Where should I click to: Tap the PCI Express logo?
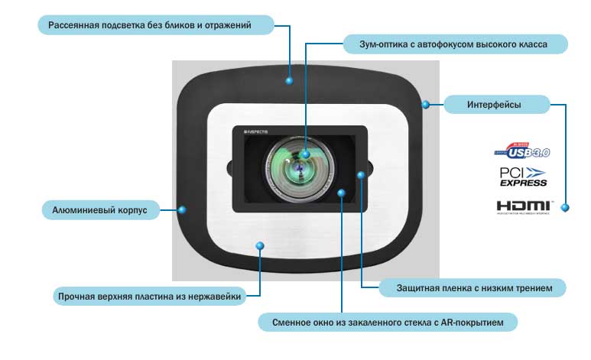tap(524, 177)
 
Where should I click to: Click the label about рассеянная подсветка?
tap(150, 26)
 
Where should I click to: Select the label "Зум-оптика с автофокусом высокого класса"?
tap(453, 44)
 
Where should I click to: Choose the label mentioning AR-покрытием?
tap(388, 322)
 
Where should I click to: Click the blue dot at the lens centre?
tap(305, 154)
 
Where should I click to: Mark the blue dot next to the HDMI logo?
tap(565, 207)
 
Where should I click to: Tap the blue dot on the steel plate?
tap(260, 245)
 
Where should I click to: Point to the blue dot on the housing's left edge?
tap(181, 208)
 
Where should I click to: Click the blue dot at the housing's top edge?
tap(290, 79)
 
